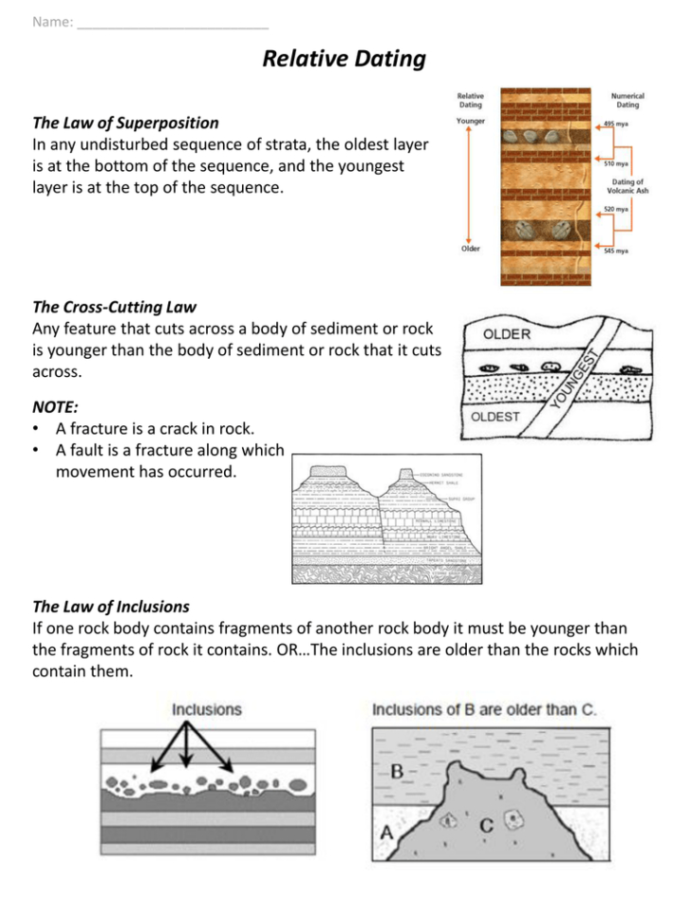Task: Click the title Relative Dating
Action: [x=344, y=60]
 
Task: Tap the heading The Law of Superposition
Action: [x=125, y=122]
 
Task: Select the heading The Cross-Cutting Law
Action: [x=115, y=307]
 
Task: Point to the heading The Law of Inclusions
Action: [x=111, y=606]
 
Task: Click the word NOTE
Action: [x=55, y=405]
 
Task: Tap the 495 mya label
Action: [x=616, y=123]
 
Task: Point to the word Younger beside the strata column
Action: [x=471, y=122]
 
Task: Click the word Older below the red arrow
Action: [x=471, y=249]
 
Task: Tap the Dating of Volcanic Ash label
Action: [x=627, y=186]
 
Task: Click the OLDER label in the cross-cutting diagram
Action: [x=507, y=334]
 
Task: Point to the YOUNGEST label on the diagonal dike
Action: [x=575, y=375]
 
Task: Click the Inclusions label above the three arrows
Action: [x=207, y=709]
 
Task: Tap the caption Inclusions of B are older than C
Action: [x=484, y=709]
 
